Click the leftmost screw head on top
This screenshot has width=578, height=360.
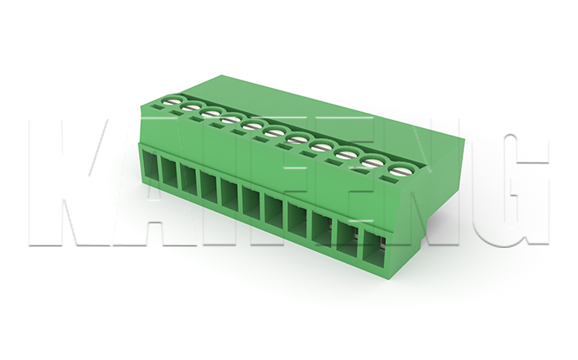click(x=173, y=100)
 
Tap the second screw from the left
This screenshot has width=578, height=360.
click(x=191, y=107)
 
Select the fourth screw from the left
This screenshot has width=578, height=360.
click(x=230, y=120)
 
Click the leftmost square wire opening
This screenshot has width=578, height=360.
click(x=150, y=167)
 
